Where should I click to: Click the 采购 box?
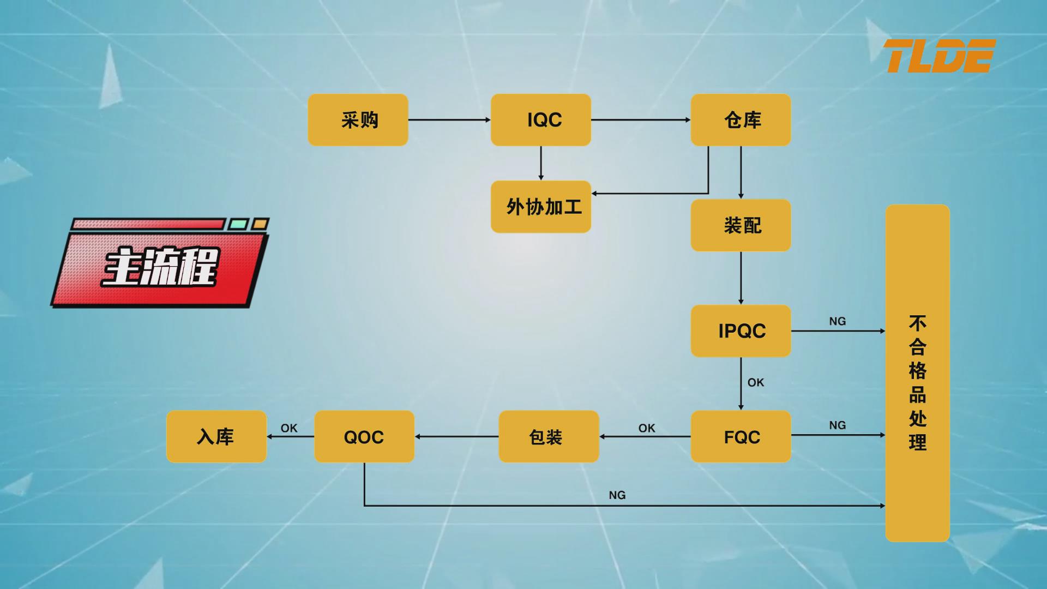tap(358, 120)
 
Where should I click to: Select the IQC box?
tap(540, 120)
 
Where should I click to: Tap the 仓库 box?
tap(741, 120)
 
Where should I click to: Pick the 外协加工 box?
tap(540, 207)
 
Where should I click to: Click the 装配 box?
tap(741, 225)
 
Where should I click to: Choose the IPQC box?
tap(741, 331)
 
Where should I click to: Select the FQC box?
tap(741, 437)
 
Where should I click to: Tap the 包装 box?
tap(549, 437)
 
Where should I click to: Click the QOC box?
tap(364, 437)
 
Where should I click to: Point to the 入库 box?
tap(216, 437)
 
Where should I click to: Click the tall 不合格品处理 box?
tap(917, 373)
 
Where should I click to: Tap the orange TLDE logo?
tap(939, 56)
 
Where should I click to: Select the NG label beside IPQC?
tap(837, 321)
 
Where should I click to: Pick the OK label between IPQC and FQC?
tap(755, 383)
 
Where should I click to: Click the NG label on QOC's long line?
tap(617, 495)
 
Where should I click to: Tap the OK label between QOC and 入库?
tap(289, 428)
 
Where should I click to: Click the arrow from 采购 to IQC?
tap(449, 120)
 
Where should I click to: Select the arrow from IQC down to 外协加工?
tap(540, 163)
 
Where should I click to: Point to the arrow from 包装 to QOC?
tap(456, 436)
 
